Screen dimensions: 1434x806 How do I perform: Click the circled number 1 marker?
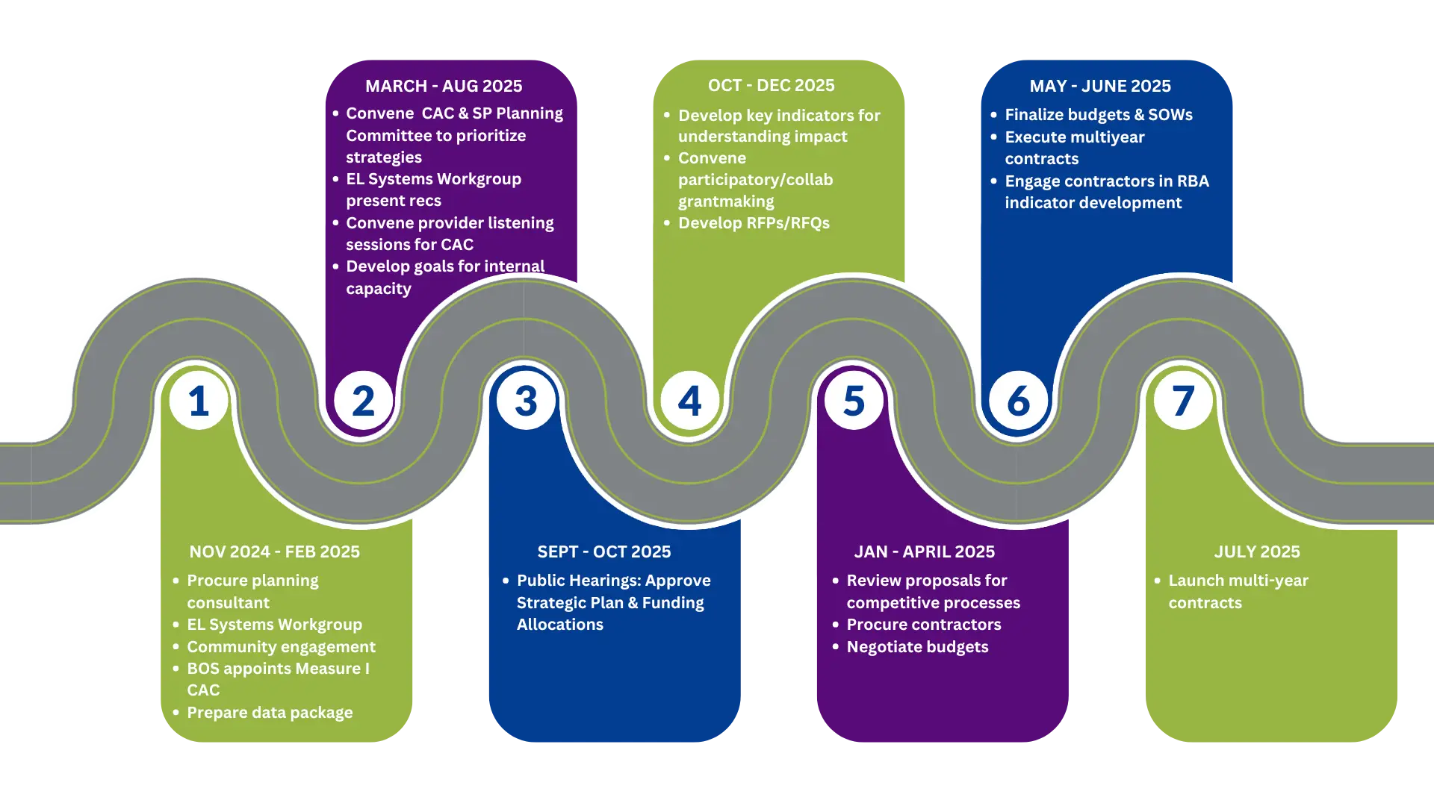tap(199, 400)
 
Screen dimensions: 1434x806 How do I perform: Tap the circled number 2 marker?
tap(363, 400)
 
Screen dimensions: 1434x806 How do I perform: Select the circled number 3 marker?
tap(527, 400)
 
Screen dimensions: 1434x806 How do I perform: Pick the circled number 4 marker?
tap(690, 400)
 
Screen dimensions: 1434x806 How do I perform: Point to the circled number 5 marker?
tap(854, 400)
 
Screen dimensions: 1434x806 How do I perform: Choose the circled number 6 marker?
tap(1019, 400)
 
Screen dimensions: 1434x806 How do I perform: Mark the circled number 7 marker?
tap(1183, 400)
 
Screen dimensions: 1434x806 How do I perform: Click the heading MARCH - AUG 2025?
tap(444, 86)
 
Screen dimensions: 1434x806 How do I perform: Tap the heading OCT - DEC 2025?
tap(772, 85)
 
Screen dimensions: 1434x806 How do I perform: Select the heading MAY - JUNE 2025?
tap(1100, 86)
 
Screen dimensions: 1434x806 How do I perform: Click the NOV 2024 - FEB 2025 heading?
tap(274, 552)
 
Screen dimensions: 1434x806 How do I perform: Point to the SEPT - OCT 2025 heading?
tap(604, 552)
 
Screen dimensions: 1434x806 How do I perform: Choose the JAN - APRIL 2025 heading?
tap(925, 552)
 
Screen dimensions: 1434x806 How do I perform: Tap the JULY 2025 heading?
tap(1257, 552)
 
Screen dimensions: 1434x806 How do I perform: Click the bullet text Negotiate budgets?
tap(917, 647)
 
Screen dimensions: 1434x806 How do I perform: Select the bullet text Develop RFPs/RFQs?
tap(754, 223)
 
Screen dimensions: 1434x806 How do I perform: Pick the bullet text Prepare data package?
tap(270, 713)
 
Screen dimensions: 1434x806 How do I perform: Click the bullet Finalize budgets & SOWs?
tap(1099, 115)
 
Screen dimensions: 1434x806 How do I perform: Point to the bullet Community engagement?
tap(281, 647)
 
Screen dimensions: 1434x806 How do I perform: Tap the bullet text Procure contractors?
tap(924, 625)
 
